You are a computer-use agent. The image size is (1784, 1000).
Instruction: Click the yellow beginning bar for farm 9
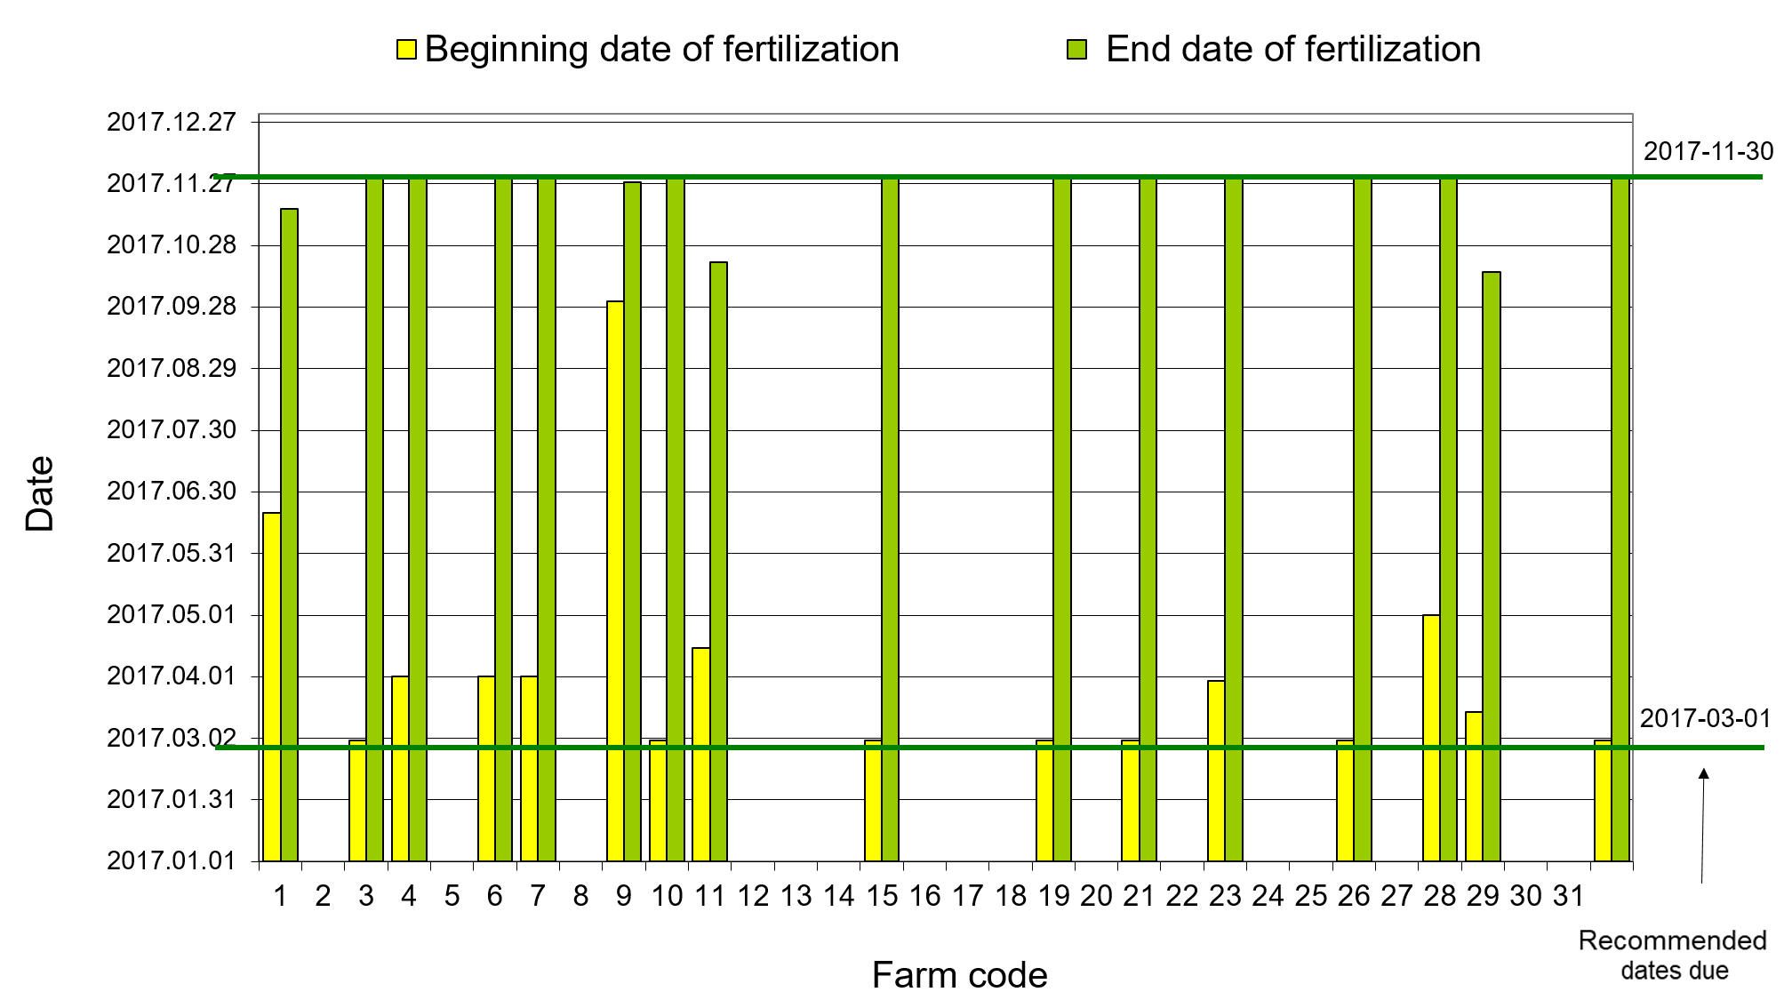[x=615, y=581]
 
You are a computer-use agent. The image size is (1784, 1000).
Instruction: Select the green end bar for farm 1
[x=289, y=535]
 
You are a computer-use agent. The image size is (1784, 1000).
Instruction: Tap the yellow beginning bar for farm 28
[x=1431, y=738]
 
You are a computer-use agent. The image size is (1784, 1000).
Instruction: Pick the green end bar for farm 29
[x=1492, y=566]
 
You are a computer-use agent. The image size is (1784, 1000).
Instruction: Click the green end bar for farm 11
[x=718, y=562]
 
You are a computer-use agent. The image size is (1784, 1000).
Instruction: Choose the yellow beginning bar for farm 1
[x=272, y=687]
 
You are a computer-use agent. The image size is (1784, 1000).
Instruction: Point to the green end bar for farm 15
[x=890, y=519]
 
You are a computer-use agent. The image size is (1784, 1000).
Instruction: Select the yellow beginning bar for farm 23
[x=1216, y=771]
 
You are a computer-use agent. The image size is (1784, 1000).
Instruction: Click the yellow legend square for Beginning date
[x=406, y=50]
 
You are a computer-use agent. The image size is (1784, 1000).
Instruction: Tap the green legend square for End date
[x=1076, y=50]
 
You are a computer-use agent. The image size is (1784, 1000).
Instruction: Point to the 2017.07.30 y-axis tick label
[x=172, y=430]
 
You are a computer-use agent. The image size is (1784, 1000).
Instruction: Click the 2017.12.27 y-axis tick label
[x=172, y=122]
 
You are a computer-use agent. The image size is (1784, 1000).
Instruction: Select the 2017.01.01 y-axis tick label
[x=172, y=860]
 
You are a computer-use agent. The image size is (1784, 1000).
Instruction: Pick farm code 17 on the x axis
[x=968, y=896]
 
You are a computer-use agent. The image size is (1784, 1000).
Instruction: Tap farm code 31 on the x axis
[x=1569, y=896]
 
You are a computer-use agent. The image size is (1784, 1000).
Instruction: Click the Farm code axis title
[x=960, y=975]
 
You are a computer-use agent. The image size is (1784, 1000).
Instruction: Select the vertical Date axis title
[x=40, y=494]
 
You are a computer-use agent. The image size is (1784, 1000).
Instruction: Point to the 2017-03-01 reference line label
[x=1706, y=718]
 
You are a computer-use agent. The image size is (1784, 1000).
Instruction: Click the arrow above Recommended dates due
[x=1703, y=826]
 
